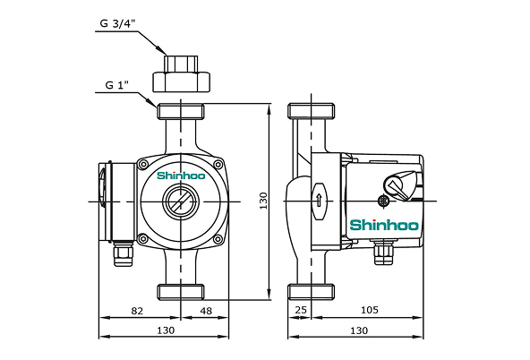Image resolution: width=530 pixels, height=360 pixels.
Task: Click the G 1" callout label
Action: [x=116, y=85]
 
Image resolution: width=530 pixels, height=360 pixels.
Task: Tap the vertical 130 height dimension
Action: [x=263, y=201]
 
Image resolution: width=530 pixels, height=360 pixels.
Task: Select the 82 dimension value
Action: [x=137, y=310]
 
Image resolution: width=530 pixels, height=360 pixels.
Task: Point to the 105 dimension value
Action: [x=368, y=310]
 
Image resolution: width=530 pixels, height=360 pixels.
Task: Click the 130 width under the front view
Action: [x=165, y=330]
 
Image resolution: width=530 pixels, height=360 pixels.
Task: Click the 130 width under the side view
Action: [x=357, y=330]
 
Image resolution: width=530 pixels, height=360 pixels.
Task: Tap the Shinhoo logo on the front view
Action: [x=181, y=176]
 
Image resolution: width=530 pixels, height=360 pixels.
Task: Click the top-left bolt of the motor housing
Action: [x=142, y=164]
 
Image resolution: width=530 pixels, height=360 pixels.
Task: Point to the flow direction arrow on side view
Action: [x=317, y=199]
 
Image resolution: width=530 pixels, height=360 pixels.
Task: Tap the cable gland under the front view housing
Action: [x=120, y=254]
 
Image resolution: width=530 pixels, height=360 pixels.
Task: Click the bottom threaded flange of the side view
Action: [x=311, y=292]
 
